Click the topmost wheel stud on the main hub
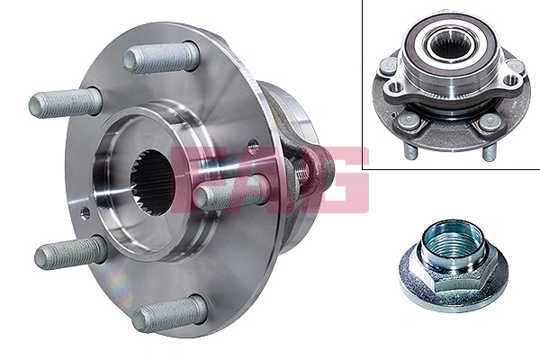pyautogui.click(x=160, y=58)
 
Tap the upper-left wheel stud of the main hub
pyautogui.click(x=65, y=102)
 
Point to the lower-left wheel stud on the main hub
pyautogui.click(x=70, y=254)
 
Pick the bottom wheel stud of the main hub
pyautogui.click(x=166, y=314)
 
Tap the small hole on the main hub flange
pyautogui.click(x=85, y=213)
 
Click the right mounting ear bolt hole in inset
pyautogui.click(x=511, y=82)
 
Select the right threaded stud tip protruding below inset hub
pyautogui.click(x=490, y=152)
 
